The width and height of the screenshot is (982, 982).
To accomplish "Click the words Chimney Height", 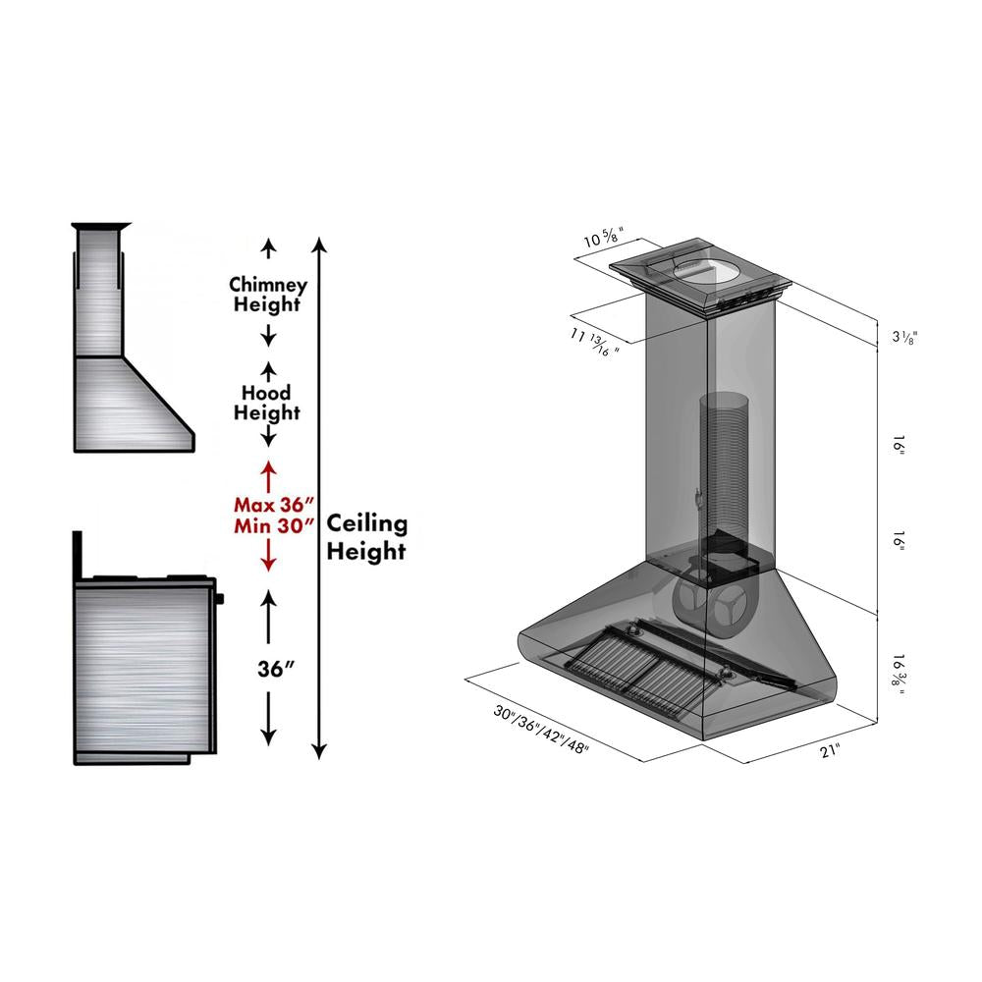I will click(x=268, y=294).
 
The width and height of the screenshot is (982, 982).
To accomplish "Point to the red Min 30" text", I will click(x=269, y=525).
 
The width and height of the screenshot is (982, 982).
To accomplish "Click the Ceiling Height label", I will click(x=366, y=537).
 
